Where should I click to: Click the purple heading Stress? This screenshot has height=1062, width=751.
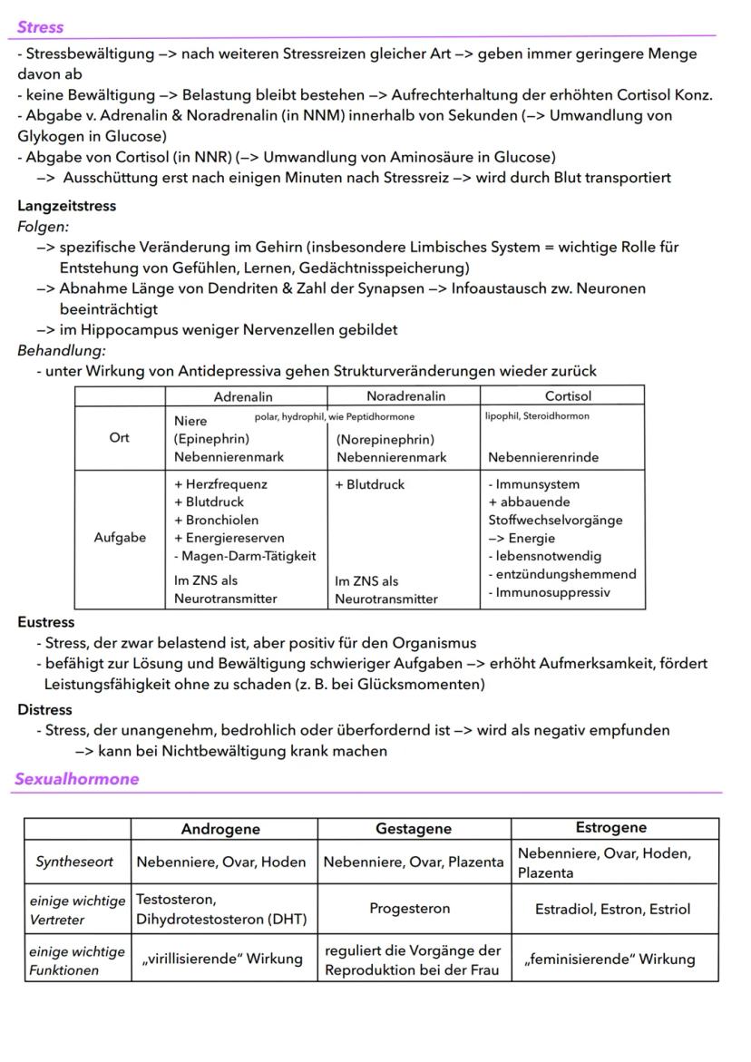coord(40,27)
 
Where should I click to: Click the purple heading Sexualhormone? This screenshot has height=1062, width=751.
coord(77,779)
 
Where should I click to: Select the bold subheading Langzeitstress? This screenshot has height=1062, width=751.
coord(66,206)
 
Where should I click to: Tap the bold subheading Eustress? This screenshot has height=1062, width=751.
coord(45,622)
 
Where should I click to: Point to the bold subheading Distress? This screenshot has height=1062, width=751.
coord(44,709)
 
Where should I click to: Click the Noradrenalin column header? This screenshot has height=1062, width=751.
coord(405,396)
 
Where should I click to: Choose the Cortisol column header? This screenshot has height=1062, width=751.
coord(568,396)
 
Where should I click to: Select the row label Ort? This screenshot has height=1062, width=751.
coord(119,437)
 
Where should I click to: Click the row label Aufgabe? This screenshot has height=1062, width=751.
coord(119,538)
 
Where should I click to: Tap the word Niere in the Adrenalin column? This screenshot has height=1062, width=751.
coord(190,421)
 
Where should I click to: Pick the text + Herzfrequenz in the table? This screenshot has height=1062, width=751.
coord(220,484)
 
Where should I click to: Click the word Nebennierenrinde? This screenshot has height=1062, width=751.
coord(543,457)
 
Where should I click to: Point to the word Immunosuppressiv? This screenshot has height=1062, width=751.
coord(549,592)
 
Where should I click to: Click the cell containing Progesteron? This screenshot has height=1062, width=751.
coord(409,908)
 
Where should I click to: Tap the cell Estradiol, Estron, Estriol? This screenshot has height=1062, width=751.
coord(612,909)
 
